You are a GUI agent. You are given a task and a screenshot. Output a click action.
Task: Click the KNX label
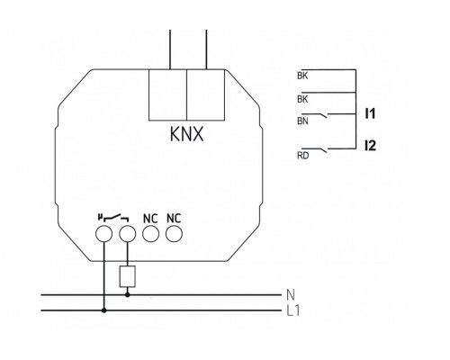pyautogui.click(x=186, y=134)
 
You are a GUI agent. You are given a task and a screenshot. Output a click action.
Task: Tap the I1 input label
pyautogui.click(x=370, y=113)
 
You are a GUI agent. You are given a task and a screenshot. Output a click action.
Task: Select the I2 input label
pyautogui.click(x=370, y=146)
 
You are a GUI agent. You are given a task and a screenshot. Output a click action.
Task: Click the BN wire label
pyautogui.click(x=302, y=121)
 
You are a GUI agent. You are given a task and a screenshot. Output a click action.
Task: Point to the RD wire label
pyautogui.click(x=302, y=156)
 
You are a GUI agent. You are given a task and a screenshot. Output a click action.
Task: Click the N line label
pyautogui.click(x=291, y=295)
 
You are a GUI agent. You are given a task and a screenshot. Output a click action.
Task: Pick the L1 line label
pyautogui.click(x=293, y=310)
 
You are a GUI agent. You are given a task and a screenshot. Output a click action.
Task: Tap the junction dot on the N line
pyautogui.click(x=128, y=295)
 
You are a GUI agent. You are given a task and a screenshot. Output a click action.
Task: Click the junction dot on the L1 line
pyautogui.click(x=104, y=310)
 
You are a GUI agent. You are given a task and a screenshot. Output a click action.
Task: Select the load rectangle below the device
pyautogui.click(x=128, y=276)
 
